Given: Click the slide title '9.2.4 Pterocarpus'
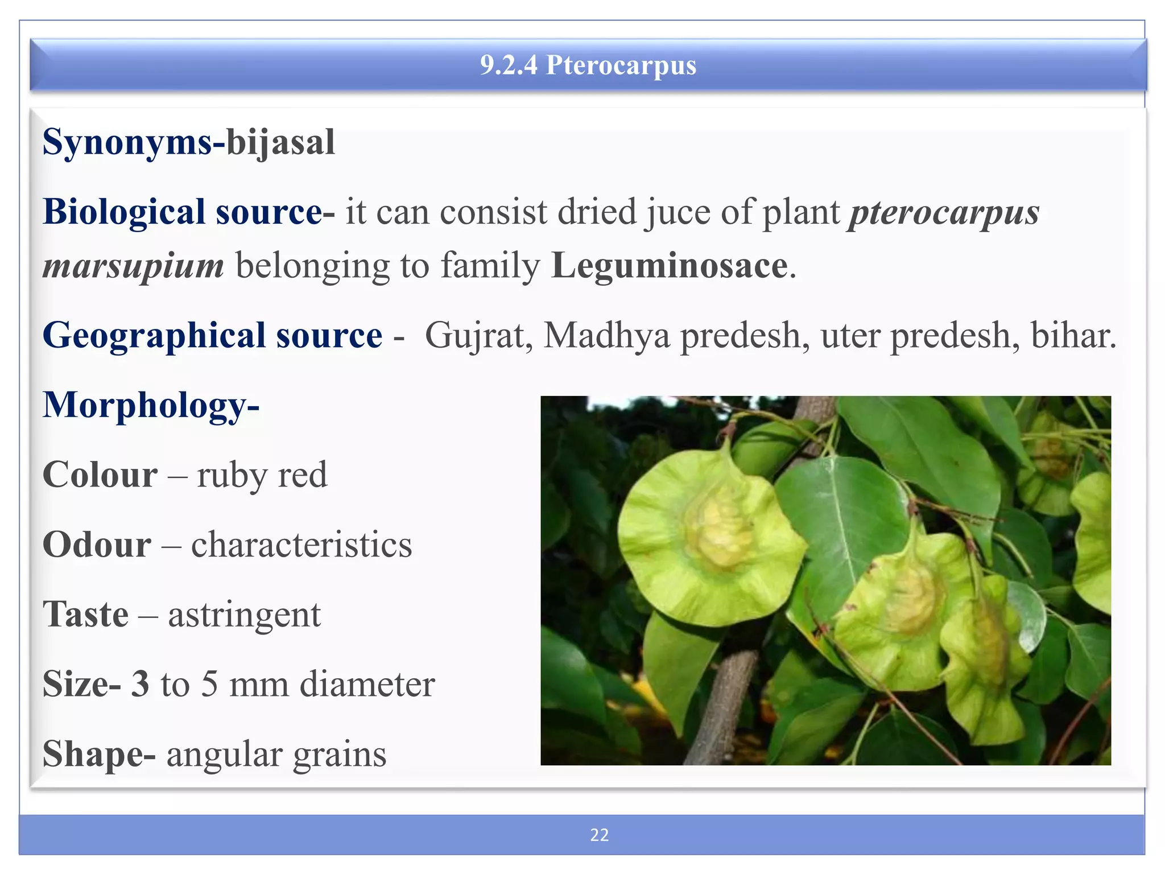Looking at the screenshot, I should pyautogui.click(x=588, y=65).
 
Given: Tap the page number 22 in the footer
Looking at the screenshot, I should pyautogui.click(x=599, y=835).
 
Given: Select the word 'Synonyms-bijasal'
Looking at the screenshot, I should pyautogui.click(x=189, y=142).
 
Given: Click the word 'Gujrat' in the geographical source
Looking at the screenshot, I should pyautogui.click(x=478, y=335).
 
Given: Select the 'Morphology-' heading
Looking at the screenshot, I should pyautogui.click(x=151, y=405).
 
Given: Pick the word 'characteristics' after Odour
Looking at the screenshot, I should pyautogui.click(x=301, y=545).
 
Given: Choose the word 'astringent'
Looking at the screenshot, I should pyautogui.click(x=244, y=615).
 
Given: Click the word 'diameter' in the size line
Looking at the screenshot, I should pyautogui.click(x=367, y=684).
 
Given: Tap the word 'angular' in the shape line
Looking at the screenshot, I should pyautogui.click(x=223, y=755).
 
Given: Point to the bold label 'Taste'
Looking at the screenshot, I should pyautogui.click(x=86, y=615).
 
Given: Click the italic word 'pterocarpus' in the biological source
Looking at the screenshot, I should pyautogui.click(x=944, y=213).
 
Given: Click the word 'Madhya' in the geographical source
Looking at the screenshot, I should pyautogui.click(x=607, y=335).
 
